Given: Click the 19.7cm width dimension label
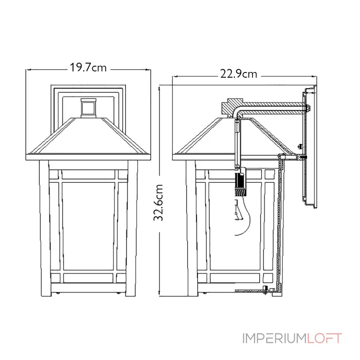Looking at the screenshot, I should click(88, 68).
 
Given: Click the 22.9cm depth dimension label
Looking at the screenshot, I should click(238, 74).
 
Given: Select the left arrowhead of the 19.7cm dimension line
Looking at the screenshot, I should click(28, 69).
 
